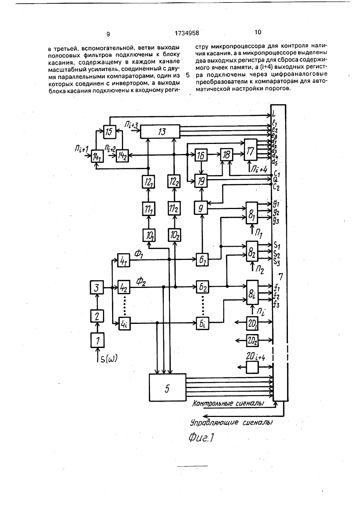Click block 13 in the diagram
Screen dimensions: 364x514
[x=160, y=132]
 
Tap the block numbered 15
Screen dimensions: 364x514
[x=110, y=132]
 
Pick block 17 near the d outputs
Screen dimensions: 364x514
[x=250, y=150]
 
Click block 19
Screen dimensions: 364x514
[x=201, y=181]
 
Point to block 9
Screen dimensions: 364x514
[x=201, y=208]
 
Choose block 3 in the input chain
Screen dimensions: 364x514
[x=96, y=287]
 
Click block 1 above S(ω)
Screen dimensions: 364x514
[x=98, y=340]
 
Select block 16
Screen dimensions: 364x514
[x=201, y=155]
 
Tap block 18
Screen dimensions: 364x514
[x=226, y=155]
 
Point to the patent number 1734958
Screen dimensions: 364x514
[x=187, y=33]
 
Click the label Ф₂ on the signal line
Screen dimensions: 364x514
[x=141, y=281]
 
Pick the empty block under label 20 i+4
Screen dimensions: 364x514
[x=252, y=367]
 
